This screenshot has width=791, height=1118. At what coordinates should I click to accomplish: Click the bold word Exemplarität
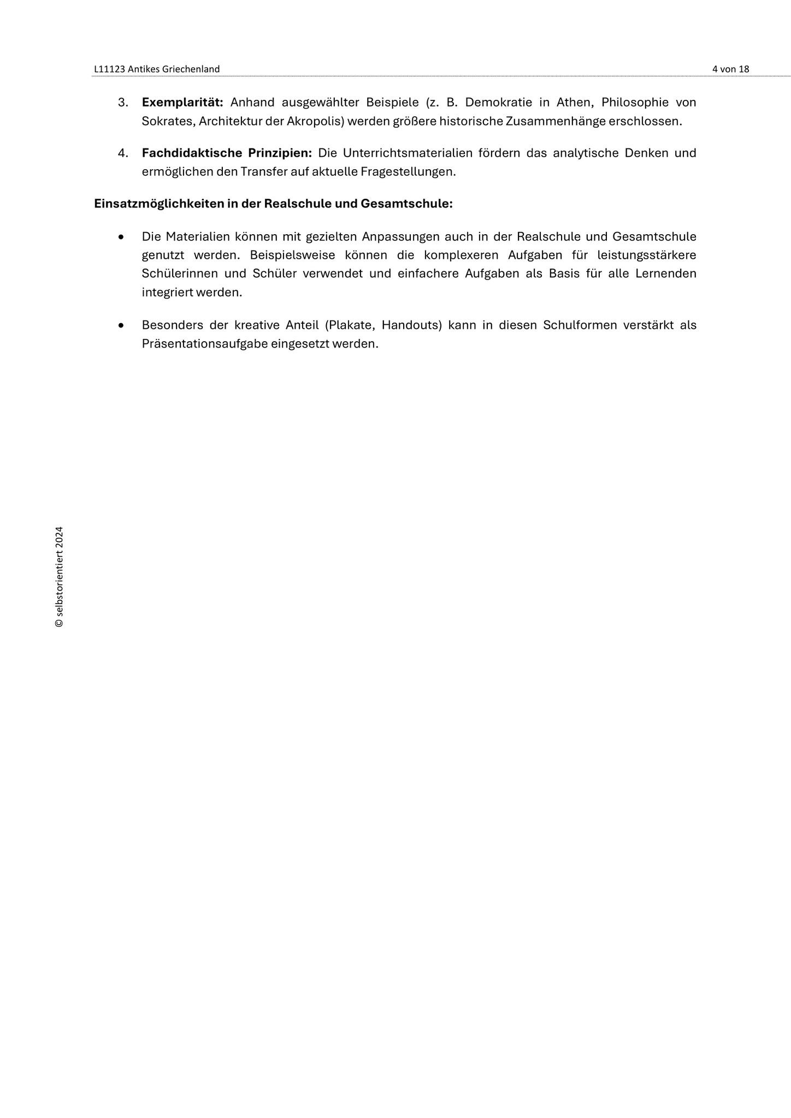[x=182, y=103]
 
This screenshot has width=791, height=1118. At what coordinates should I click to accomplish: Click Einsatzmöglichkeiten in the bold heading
[x=158, y=204]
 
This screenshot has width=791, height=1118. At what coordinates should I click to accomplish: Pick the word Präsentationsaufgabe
[x=204, y=344]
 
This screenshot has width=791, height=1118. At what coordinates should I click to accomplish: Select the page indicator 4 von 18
[x=730, y=69]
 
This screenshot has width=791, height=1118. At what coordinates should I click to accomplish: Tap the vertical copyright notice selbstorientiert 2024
[x=59, y=577]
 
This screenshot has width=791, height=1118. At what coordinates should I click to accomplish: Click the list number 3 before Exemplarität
[x=123, y=103]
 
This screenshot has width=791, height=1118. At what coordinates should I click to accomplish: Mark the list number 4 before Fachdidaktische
[x=123, y=153]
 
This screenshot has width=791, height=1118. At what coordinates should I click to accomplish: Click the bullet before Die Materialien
[x=121, y=237]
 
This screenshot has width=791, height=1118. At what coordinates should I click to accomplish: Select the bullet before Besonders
[x=121, y=326]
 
